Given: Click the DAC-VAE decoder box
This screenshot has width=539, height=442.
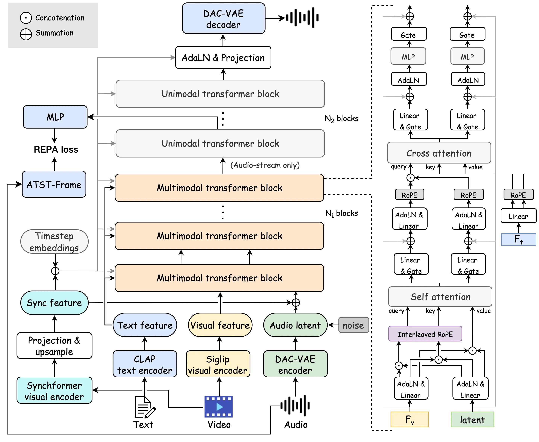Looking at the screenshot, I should (x=223, y=19).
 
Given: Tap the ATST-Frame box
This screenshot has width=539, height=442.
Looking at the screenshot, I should (x=54, y=184).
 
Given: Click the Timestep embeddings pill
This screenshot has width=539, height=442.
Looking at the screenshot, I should (x=54, y=242).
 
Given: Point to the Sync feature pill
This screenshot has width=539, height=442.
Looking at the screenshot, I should (x=54, y=303).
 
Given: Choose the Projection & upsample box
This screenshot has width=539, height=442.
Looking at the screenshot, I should (x=54, y=346).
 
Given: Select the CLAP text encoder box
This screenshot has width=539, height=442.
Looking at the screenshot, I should (x=145, y=364).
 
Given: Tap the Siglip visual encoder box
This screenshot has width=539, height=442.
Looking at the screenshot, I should (x=218, y=364).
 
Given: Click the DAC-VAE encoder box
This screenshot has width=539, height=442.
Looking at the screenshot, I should (x=295, y=364).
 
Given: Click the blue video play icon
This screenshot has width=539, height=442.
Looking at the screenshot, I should (x=218, y=407).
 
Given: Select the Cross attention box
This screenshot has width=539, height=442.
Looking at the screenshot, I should (x=439, y=153).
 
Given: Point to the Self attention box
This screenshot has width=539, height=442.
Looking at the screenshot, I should (x=441, y=297).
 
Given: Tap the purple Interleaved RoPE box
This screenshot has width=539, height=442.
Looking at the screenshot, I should (x=425, y=334).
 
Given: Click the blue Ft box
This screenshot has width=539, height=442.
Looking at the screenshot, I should (x=518, y=240).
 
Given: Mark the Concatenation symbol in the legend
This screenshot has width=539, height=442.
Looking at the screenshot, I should (x=26, y=18).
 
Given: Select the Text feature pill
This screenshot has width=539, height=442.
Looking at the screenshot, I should (x=145, y=325).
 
